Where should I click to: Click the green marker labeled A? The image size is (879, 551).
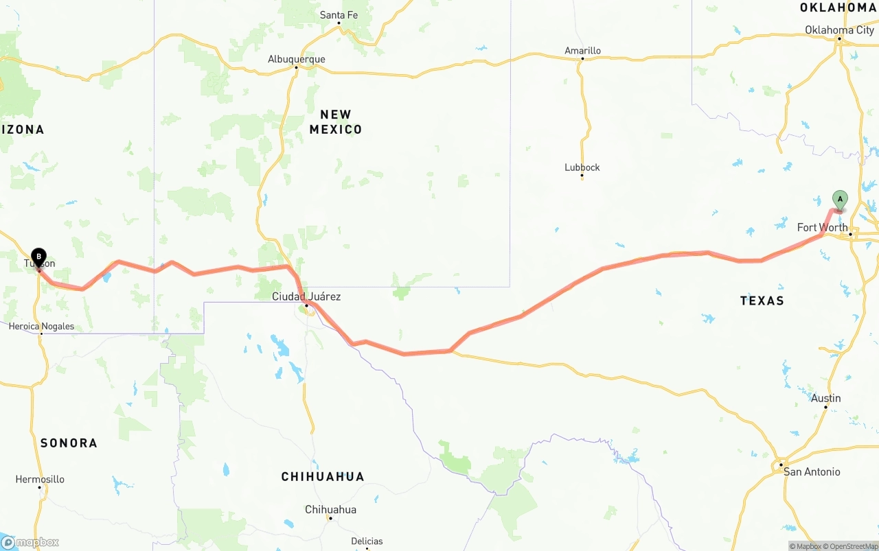[839, 200]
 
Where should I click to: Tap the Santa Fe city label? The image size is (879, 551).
[339, 14]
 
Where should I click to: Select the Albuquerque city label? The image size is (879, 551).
[297, 59]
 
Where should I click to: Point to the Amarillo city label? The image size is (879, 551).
[582, 50]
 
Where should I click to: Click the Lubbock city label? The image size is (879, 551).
[582, 167]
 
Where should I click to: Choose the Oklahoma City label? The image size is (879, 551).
[839, 30]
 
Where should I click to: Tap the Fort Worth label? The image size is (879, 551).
[822, 227]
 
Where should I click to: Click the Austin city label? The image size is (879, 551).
[825, 398]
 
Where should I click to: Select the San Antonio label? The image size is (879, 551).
[812, 471]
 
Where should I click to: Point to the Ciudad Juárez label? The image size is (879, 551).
[306, 296]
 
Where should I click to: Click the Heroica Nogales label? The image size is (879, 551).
[41, 326]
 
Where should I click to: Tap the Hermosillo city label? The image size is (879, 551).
[40, 479]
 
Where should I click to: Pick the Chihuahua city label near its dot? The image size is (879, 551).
[331, 509]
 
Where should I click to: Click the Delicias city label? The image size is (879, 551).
[367, 541]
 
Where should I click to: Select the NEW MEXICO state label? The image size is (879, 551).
[335, 121]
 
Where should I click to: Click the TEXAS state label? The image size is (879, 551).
[762, 301]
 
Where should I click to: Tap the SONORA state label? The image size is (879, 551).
[69, 443]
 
